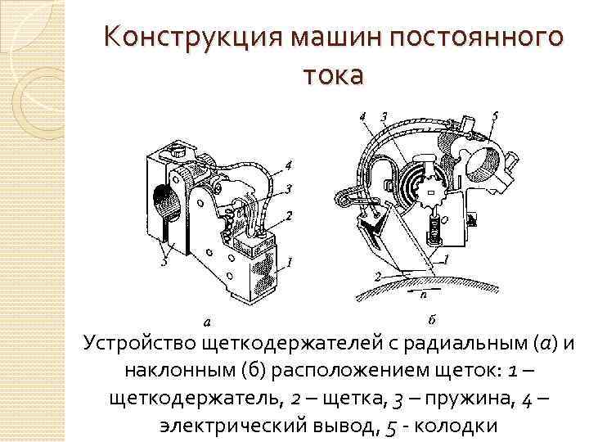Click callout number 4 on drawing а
pyautogui.click(x=288, y=165)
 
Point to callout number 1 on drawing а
pyautogui.click(x=288, y=262)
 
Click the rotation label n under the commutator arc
pyautogui.click(x=423, y=291)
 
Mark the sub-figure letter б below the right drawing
pyautogui.click(x=431, y=318)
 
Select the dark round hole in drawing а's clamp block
pyautogui.click(x=163, y=198)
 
